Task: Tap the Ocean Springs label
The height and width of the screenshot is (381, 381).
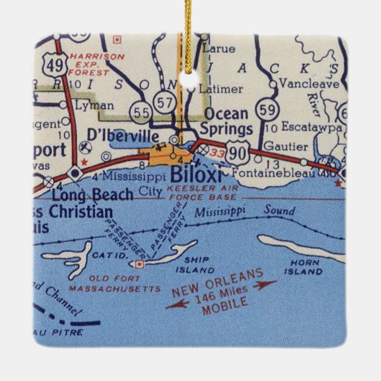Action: coord(228,121)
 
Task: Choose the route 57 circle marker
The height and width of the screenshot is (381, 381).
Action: coord(164,101)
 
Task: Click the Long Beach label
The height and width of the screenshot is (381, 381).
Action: coord(84,194)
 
